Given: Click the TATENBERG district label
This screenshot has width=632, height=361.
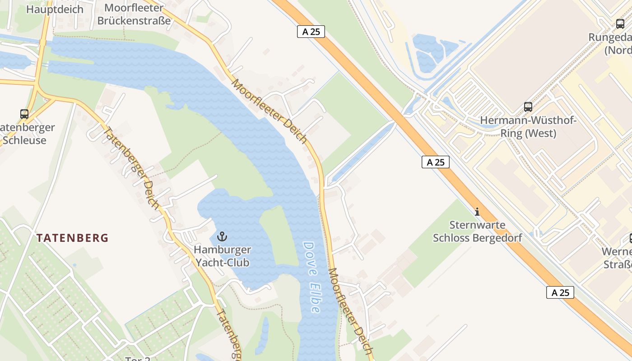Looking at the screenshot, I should (x=72, y=238).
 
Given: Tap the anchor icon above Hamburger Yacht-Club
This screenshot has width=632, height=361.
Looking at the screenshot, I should (x=222, y=236).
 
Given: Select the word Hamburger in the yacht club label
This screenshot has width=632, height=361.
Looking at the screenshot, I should (x=222, y=250).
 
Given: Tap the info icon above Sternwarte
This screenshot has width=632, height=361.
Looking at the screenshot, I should (x=477, y=211).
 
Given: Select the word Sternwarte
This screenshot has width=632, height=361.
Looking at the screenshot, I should (x=477, y=225).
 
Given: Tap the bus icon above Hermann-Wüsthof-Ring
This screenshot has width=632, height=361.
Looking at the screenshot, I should (x=528, y=107).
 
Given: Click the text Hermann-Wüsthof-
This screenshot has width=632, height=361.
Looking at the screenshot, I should (x=528, y=120).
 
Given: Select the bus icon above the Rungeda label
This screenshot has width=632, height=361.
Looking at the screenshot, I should (x=620, y=23).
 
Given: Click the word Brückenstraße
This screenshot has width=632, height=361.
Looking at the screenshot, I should (x=134, y=21).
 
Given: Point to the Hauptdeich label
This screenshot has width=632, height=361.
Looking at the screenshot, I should (x=55, y=9).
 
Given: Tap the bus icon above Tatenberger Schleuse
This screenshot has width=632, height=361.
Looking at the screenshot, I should (x=24, y=114).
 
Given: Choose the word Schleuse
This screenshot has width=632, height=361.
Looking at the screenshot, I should (x=24, y=140).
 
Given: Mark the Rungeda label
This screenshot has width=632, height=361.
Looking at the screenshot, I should (x=610, y=37).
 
